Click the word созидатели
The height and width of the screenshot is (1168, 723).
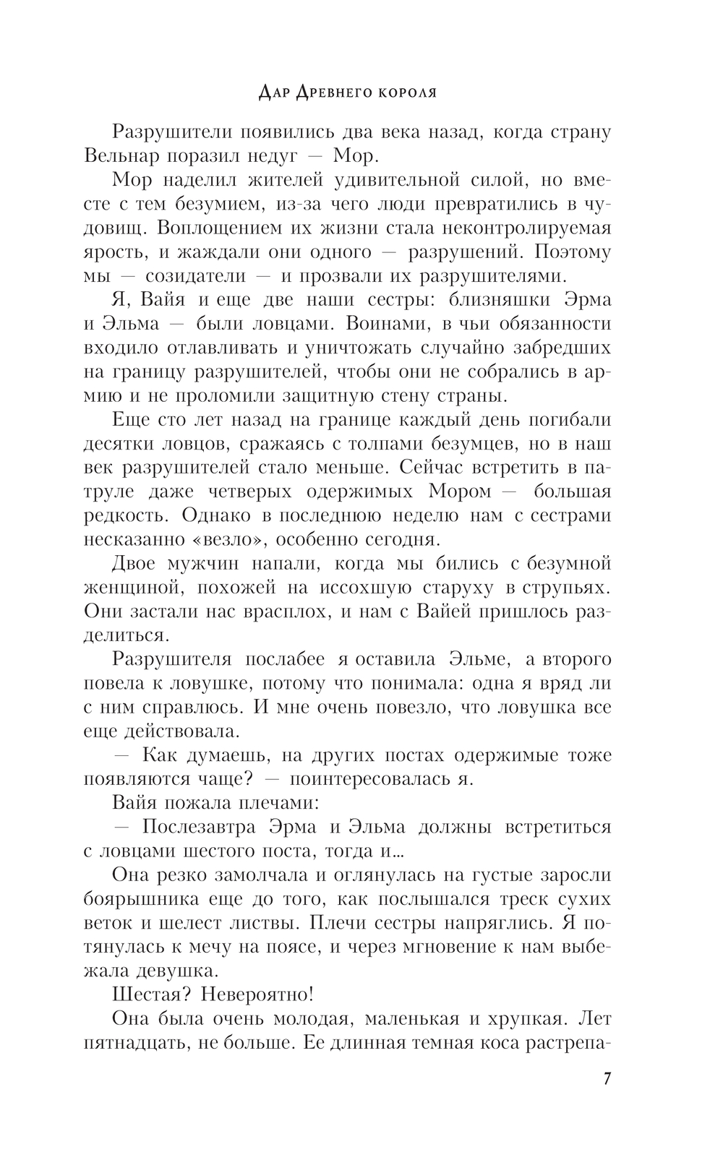(x=195, y=276)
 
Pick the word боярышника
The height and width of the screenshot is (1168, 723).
(x=148, y=898)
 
